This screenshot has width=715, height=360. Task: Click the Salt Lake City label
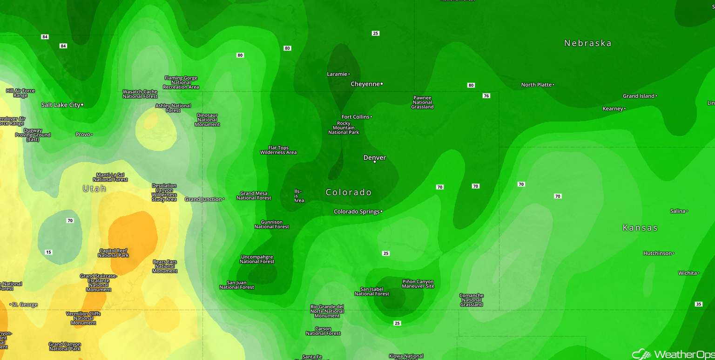(61, 105)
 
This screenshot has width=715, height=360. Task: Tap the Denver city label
(375, 157)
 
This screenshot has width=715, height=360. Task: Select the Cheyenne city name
(365, 84)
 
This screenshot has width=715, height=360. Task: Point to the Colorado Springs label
(357, 211)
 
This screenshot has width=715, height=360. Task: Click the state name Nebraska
(587, 43)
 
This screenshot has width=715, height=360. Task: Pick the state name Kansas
(640, 228)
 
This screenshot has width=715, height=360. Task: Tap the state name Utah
(94, 189)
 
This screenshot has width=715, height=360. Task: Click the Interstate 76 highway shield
(486, 96)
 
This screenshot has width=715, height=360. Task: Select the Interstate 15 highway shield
(48, 252)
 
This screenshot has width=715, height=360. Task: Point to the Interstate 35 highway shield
(698, 304)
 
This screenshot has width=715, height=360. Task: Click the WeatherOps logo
(672, 354)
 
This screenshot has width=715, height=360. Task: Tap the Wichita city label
(688, 273)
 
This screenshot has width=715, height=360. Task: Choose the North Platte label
(536, 85)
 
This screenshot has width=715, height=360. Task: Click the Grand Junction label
(203, 199)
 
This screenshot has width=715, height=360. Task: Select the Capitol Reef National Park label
(114, 253)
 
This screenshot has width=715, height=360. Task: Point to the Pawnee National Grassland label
(422, 102)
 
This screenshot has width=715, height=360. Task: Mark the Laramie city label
(337, 74)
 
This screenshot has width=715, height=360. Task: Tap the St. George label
(25, 305)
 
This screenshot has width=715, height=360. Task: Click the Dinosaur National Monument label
(207, 120)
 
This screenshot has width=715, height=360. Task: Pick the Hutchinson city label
(657, 253)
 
